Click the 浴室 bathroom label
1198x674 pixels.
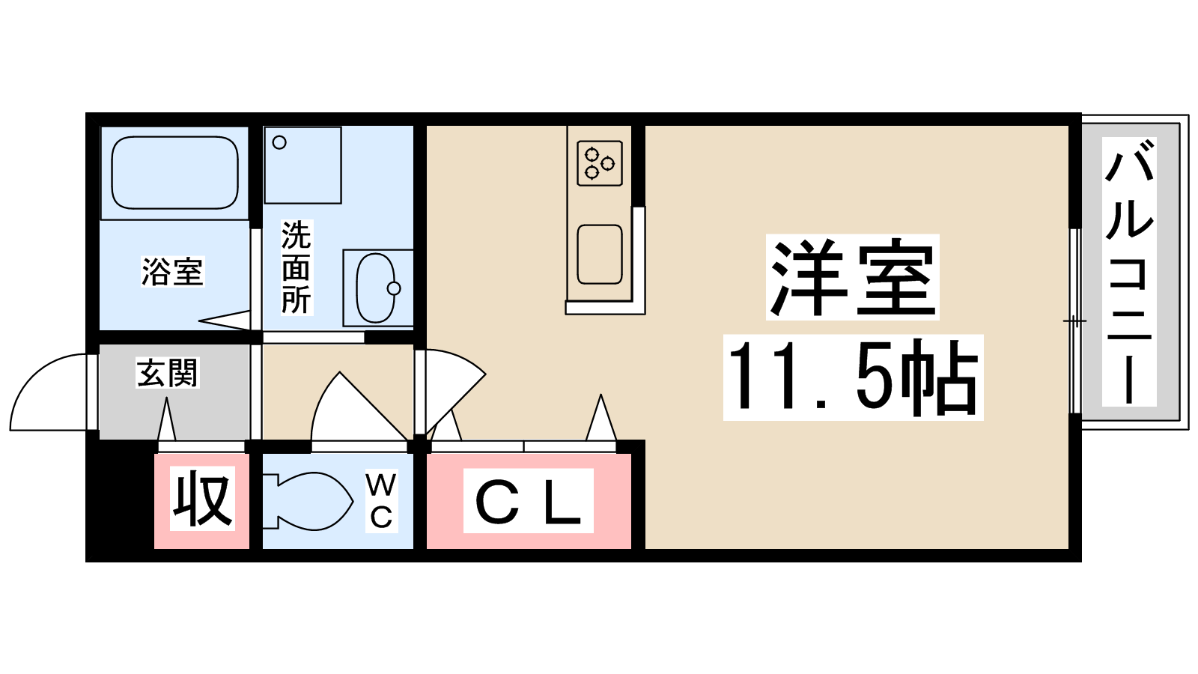point(172,271)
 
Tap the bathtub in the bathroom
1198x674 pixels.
point(174,173)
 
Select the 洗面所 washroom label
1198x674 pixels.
point(297,267)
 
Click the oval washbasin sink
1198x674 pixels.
point(375,288)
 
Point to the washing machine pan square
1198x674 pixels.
point(302,166)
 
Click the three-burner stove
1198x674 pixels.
point(600,163)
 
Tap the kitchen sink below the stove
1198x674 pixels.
point(600,254)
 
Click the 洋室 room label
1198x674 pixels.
point(853,277)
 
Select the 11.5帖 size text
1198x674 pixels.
point(853,377)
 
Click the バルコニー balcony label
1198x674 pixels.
point(1129,271)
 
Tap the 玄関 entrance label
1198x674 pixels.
point(168,372)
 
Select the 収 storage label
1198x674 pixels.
point(203,499)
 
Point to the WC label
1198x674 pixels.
point(381,501)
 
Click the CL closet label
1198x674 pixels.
point(529,501)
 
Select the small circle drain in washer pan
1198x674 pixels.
point(279,142)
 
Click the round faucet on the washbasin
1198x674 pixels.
point(394,288)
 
